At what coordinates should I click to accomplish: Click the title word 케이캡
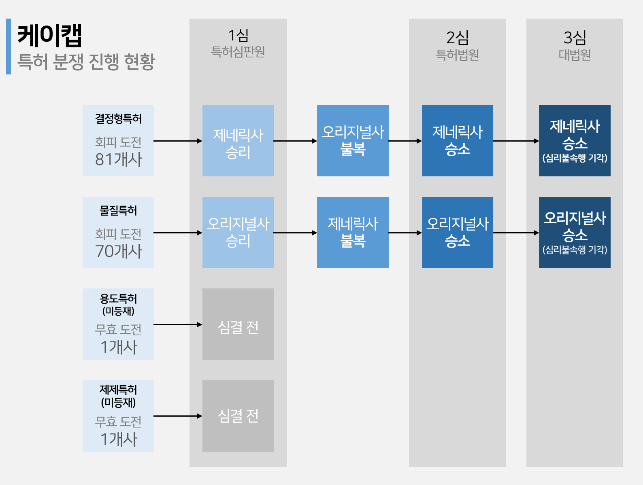coord(50,35)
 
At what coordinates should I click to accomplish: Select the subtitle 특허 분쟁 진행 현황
coord(86,61)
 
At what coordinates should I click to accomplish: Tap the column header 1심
coord(238,36)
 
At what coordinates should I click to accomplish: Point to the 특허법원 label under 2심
coord(457,55)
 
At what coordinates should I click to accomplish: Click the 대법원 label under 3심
coord(575,55)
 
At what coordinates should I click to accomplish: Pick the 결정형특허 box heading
coord(118,119)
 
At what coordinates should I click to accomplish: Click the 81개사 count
coord(118,159)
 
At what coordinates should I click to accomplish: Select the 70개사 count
coord(118,251)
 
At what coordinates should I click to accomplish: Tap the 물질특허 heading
coord(118,210)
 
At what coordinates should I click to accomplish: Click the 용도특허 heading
coord(118,299)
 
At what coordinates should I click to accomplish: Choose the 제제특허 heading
coord(118,390)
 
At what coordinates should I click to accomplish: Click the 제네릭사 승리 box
coord(238,141)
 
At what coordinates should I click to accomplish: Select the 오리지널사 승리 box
coord(238,233)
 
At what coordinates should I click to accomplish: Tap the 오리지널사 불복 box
coord(353,141)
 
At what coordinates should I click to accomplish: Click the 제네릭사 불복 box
coord(353,233)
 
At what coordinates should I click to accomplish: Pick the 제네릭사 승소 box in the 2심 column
coord(458,141)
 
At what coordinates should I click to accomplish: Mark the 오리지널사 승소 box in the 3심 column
coord(575,233)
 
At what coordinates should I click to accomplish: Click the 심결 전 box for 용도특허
coord(238,324)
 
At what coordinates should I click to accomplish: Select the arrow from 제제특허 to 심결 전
coord(178,416)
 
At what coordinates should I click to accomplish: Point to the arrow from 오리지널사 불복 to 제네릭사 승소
coord(405,141)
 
